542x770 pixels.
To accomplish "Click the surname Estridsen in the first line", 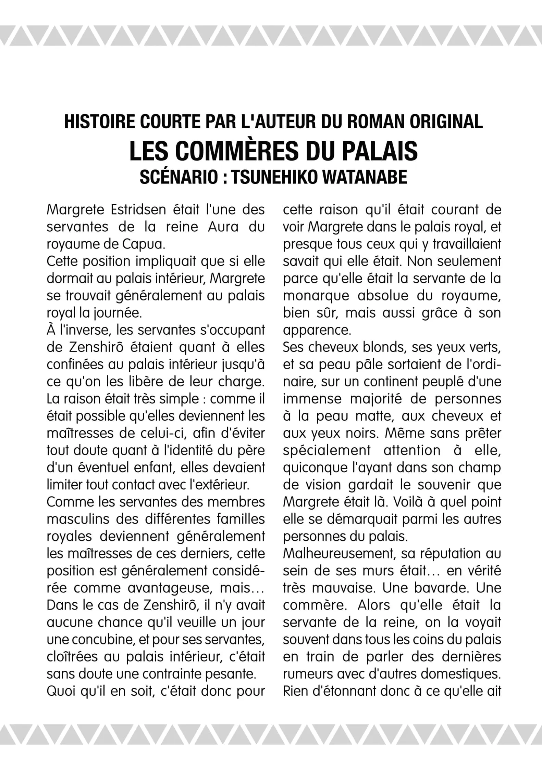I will pos(139,210).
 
